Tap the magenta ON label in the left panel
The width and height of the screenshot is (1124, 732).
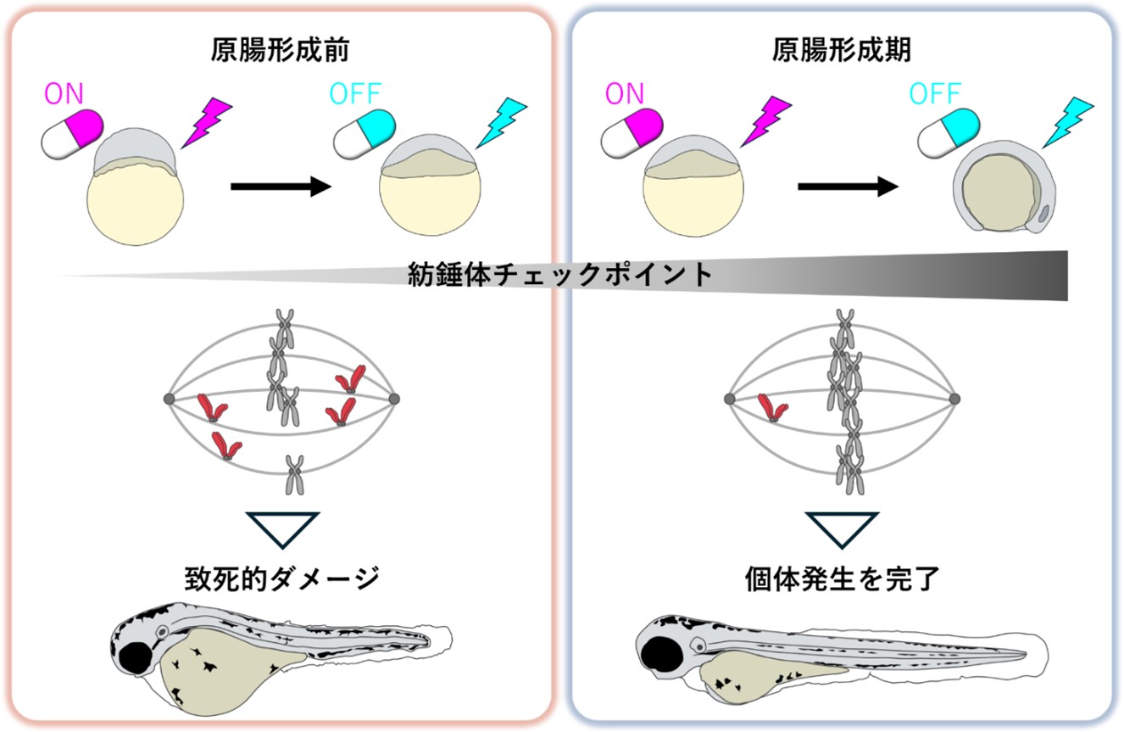tap(64, 94)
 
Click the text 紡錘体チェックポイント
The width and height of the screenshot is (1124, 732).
tap(559, 276)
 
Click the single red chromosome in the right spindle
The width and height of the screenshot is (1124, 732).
tap(772, 408)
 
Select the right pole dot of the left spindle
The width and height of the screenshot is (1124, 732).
tap(394, 398)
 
